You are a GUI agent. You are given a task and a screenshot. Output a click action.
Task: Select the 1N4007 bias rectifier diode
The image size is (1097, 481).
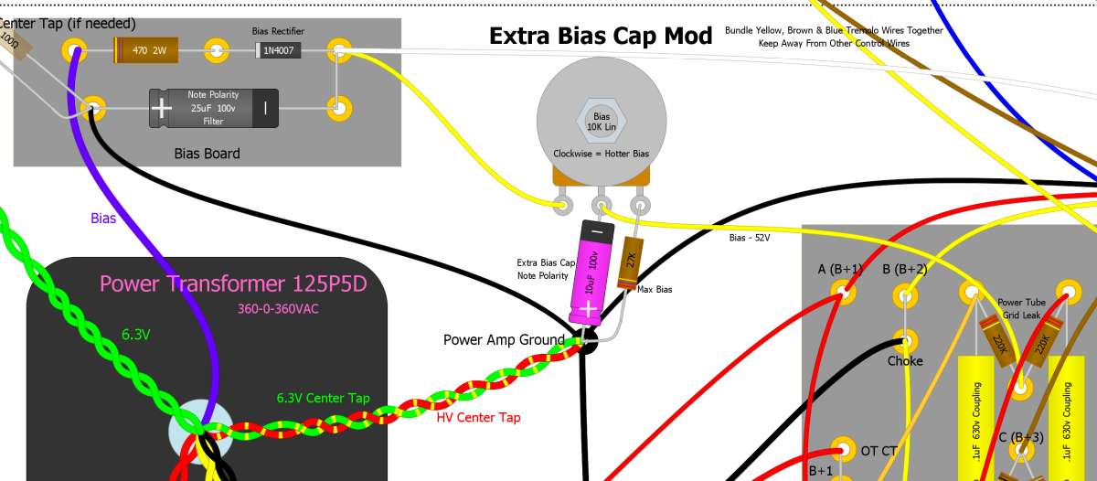tap(278, 50)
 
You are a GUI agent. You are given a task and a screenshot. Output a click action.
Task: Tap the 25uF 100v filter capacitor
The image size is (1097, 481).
tap(214, 108)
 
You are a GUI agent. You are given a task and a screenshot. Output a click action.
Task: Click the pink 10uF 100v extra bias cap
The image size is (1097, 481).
tap(588, 272)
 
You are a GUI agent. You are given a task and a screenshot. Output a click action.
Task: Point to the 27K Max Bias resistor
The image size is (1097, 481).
tap(629, 263)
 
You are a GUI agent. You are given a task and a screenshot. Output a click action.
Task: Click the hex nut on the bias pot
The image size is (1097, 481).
tap(602, 122)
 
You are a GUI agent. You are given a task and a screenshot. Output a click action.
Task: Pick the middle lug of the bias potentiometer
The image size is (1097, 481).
tap(602, 203)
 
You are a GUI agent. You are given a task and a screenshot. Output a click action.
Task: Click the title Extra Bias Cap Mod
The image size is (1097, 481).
tap(601, 36)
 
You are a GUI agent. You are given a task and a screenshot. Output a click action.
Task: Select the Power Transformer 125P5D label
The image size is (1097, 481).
tap(233, 283)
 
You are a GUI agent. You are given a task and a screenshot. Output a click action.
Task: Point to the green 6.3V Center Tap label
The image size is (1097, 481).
tap(323, 398)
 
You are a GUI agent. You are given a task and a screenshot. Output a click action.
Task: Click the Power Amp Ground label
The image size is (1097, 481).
tap(504, 340)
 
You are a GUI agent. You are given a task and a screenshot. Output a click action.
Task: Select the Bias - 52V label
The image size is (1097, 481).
tap(750, 238)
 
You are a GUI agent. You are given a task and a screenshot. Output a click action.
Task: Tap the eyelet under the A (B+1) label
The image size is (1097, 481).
tap(840, 294)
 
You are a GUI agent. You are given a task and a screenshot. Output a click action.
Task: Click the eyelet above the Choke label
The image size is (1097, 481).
tap(905, 342)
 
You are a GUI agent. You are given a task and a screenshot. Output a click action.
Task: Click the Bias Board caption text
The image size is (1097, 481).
tap(207, 154)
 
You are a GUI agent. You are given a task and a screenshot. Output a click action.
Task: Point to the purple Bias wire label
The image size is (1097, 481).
tap(103, 219)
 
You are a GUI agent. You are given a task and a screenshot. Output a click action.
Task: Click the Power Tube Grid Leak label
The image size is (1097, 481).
tap(1021, 308)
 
